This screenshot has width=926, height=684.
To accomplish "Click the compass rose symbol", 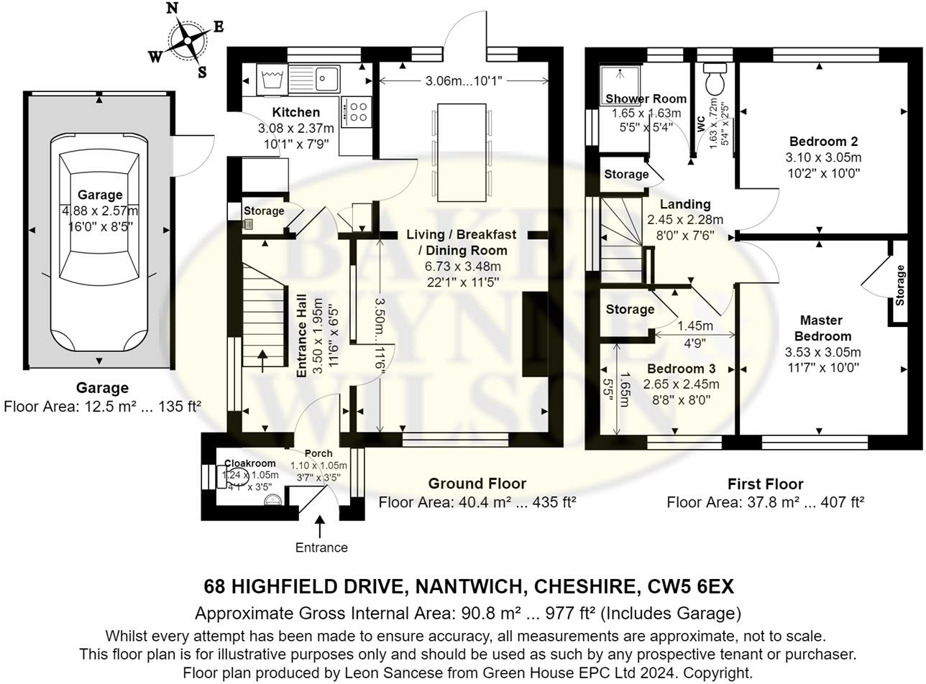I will click(186, 40).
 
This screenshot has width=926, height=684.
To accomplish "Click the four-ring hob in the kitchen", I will click(357, 111).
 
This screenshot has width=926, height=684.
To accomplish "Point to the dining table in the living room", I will click(462, 152).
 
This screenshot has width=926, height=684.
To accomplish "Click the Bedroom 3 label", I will click(670, 369).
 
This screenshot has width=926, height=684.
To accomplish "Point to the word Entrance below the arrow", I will click(321, 547).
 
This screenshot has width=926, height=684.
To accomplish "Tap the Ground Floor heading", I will click(477, 484).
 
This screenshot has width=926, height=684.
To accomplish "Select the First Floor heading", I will click(765, 484).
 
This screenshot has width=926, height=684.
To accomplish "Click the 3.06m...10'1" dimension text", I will click(462, 80).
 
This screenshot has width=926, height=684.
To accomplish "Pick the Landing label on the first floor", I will click(684, 204).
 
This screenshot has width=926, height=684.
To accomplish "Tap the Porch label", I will click(318, 453).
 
